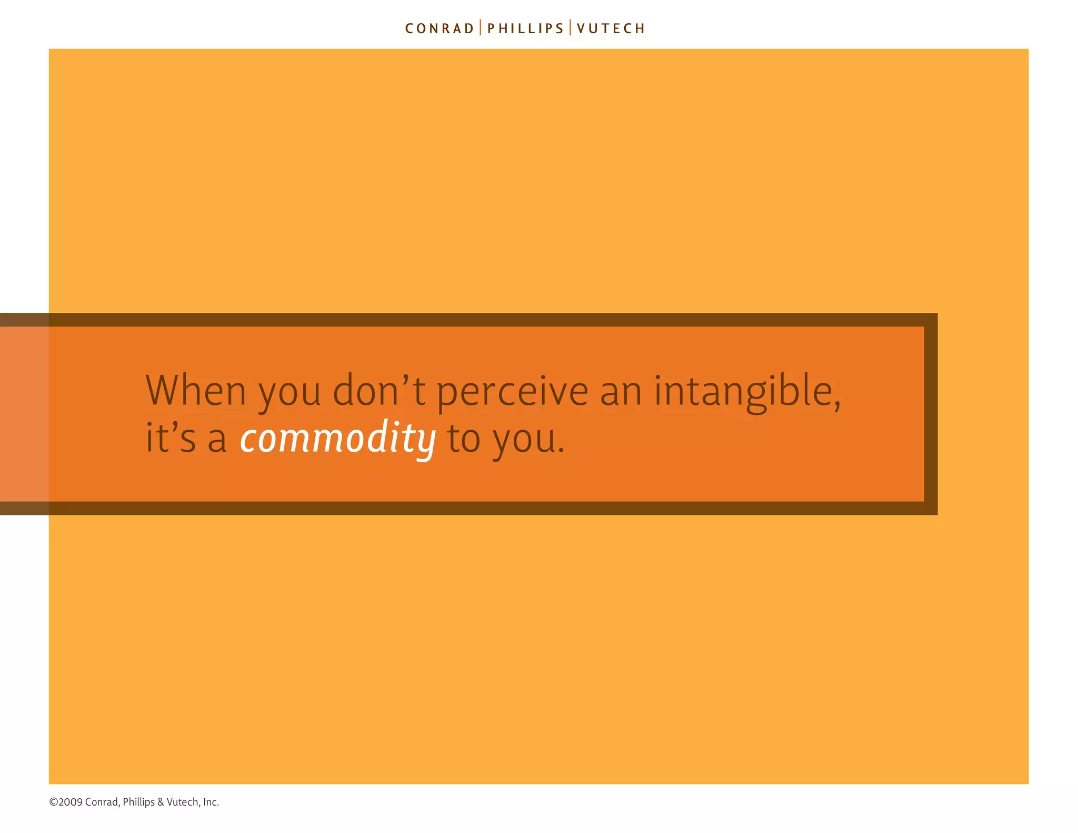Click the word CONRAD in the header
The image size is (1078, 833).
(440, 28)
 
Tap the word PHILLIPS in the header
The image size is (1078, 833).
(525, 28)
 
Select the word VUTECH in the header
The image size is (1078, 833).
(611, 28)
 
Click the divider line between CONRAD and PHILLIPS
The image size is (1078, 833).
(481, 28)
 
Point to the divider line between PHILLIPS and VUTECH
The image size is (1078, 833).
(570, 28)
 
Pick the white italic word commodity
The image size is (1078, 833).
(337, 439)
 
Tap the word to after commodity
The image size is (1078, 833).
(464, 439)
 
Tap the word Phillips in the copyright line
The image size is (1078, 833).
(138, 802)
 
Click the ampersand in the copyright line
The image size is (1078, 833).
(161, 802)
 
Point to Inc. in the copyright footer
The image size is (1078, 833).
(211, 802)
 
